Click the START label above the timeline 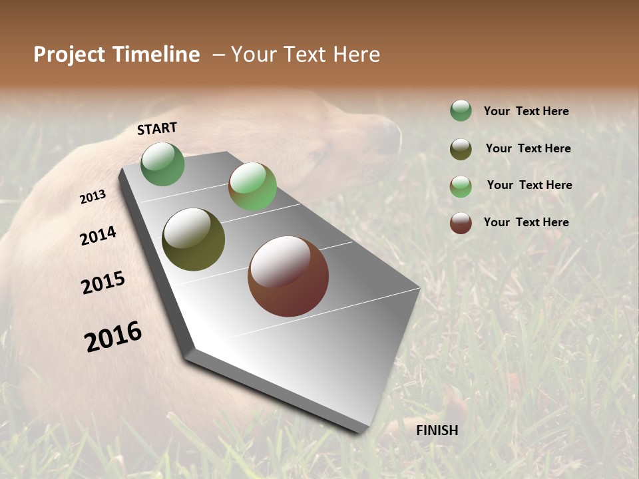tap(157, 128)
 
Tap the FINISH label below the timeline tap(437, 430)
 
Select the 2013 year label tap(93, 197)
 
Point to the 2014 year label tap(98, 236)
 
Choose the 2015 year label tap(103, 283)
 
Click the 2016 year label tap(113, 337)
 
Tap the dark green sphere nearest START tap(163, 164)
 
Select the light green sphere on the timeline tap(252, 186)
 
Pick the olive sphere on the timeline tap(193, 239)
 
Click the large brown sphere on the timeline tap(288, 276)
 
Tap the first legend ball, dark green tap(461, 110)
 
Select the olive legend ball tap(461, 149)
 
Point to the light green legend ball tap(461, 186)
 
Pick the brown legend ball tap(461, 223)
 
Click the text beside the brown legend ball tap(526, 222)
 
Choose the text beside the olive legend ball tap(528, 148)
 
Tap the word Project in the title tap(70, 55)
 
